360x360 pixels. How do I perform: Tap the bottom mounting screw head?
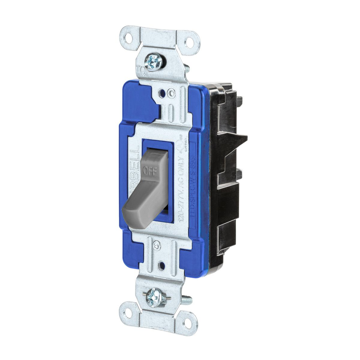coord(155,297)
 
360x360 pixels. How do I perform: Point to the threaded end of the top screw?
coord(186,68)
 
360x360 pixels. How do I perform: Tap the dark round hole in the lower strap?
coord(162,265)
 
